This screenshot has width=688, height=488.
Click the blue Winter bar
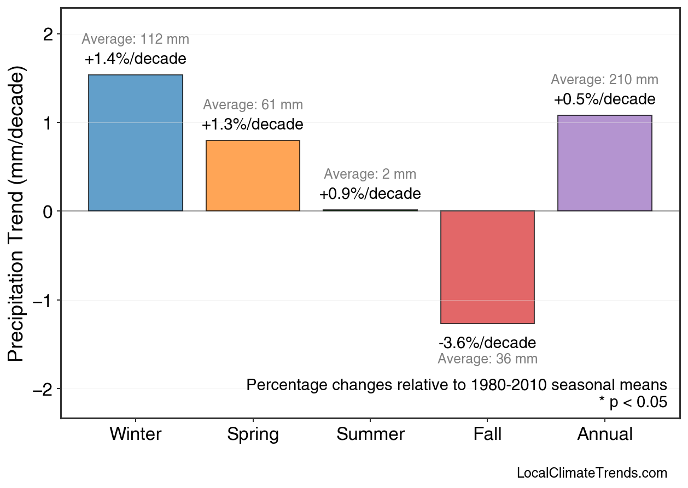point(136,143)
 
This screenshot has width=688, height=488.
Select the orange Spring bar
point(253,176)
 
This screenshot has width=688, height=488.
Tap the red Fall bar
point(487,267)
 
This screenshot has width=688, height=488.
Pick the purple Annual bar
point(604,163)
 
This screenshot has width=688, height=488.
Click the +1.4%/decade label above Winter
point(136,59)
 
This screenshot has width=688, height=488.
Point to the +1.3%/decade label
point(253,125)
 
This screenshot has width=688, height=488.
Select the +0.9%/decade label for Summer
point(370,194)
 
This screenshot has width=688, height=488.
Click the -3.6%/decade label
point(487,343)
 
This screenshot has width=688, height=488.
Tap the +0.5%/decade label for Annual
point(604,99)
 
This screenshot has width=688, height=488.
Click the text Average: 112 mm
point(136,39)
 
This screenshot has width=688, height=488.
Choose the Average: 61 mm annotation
point(253,105)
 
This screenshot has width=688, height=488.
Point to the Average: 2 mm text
point(370,174)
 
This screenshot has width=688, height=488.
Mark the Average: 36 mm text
point(487,359)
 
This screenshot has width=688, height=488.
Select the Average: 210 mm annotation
point(604,80)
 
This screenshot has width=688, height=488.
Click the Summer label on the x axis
point(370,434)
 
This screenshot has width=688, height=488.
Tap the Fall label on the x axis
point(487,434)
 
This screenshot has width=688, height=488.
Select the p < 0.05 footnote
point(633,403)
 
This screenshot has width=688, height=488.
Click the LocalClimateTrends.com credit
point(592,473)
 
